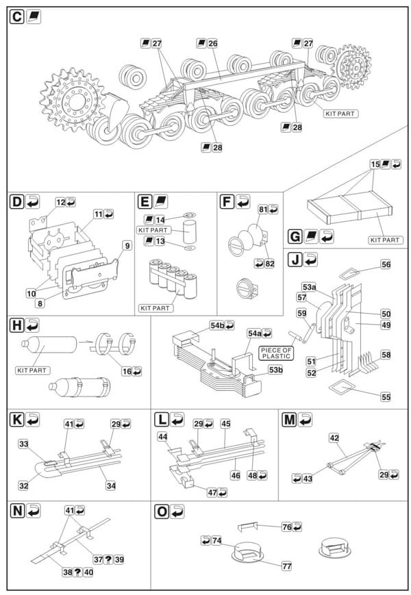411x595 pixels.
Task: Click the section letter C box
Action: [x=16, y=17]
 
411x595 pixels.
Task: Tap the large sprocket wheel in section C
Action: [x=73, y=100]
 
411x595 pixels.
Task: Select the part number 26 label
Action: [x=212, y=43]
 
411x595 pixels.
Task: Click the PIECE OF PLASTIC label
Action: [x=276, y=353]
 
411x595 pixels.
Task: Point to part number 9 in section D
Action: [x=127, y=246]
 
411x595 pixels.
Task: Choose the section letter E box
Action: [x=145, y=201]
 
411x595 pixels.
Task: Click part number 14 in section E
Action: [x=160, y=220]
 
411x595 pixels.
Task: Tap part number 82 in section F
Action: [x=269, y=264]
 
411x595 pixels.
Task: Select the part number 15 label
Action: [x=375, y=164]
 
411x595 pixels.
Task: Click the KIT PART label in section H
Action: [x=32, y=370]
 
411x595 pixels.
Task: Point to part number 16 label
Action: [x=126, y=371]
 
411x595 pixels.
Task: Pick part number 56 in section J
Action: [x=386, y=264]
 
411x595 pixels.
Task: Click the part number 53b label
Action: [x=275, y=369]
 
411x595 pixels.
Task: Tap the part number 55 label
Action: [x=386, y=397]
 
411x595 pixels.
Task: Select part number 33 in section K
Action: [x=23, y=444]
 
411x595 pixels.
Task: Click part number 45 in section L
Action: [x=225, y=423]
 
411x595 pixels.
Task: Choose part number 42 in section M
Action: [x=334, y=438]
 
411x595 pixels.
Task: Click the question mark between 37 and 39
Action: [x=108, y=559]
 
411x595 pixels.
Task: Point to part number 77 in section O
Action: [x=287, y=566]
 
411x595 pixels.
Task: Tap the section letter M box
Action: [x=290, y=420]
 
